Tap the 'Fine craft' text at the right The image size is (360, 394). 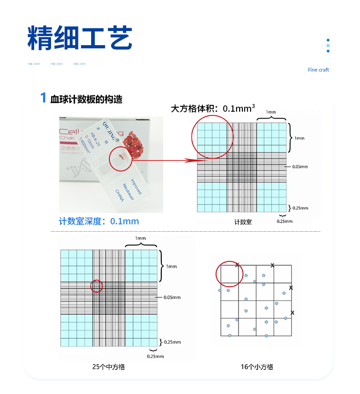pyautogui.click(x=318, y=70)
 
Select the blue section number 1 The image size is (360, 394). pyautogui.click(x=43, y=98)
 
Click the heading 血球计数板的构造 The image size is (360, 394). pyautogui.click(x=86, y=98)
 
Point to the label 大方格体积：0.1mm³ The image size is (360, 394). pyautogui.click(x=212, y=109)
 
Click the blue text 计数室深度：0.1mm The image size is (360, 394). pyautogui.click(x=99, y=221)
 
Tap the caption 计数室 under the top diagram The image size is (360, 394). pyautogui.click(x=243, y=222)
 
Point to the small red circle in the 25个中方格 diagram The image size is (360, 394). pyautogui.click(x=97, y=286)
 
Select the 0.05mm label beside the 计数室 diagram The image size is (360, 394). pyautogui.click(x=299, y=167)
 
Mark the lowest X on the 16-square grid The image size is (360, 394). pyautogui.click(x=292, y=312)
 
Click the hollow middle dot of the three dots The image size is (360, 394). pyautogui.click(x=328, y=46)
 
